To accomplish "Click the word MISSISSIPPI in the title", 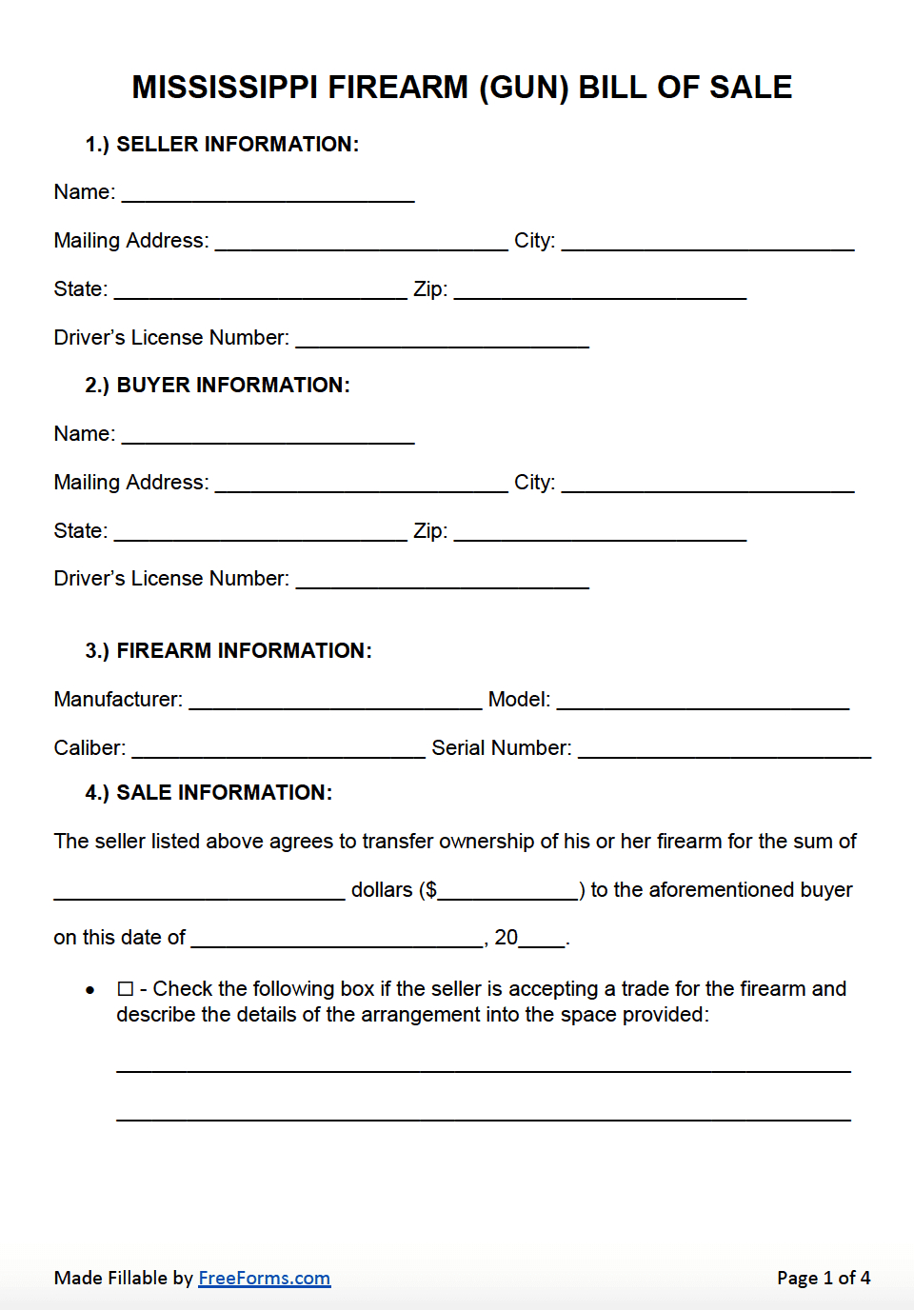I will pos(225,88).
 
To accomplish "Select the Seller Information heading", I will pos(222,145).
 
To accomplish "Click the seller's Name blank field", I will pos(268,193).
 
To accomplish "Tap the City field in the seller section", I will pos(707,242).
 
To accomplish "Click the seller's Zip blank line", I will pos(600,290).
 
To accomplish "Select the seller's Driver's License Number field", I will pos(442,339).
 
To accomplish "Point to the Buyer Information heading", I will pos(217,386).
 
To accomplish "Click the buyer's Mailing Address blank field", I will pos(361,484).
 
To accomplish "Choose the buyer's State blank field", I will pos(260,532).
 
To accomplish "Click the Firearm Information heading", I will pos(228,651).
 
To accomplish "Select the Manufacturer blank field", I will pos(335,701).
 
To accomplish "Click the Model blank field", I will pos(703,701).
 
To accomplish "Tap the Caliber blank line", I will pos(278,749).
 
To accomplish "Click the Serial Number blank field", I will pos(725,749).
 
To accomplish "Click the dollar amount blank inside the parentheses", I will pos(507,891).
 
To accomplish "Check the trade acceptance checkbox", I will pos(126,989).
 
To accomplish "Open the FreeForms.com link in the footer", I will pos(264,1279).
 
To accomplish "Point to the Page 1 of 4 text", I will pos(823,1279).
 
